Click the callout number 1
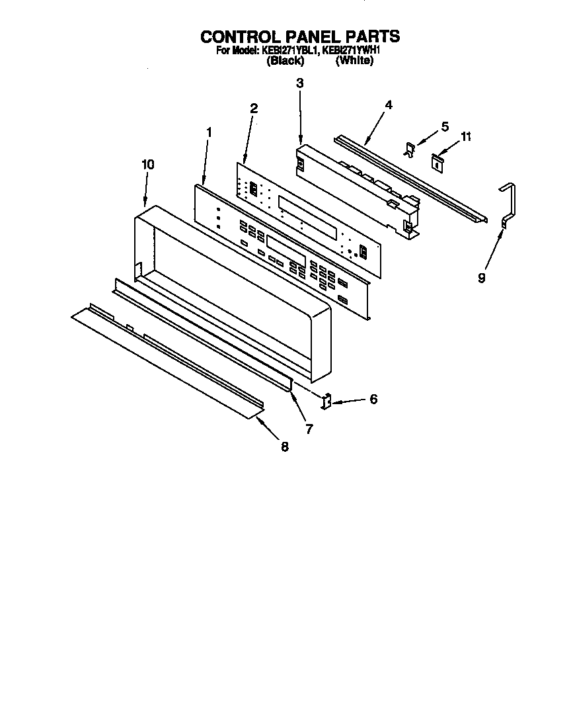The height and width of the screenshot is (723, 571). [x=209, y=132]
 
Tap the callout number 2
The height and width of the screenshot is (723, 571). [x=254, y=108]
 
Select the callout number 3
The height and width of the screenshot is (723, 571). [x=300, y=83]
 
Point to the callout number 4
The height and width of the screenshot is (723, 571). [x=389, y=105]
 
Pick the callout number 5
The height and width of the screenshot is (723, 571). [x=444, y=126]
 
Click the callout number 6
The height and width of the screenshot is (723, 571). [x=373, y=400]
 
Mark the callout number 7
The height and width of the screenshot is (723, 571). [x=309, y=429]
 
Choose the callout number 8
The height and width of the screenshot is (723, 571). [x=285, y=447]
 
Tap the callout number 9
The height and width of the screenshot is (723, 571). [x=482, y=278]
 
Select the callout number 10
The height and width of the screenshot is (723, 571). [x=147, y=165]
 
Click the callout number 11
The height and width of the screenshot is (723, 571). [x=467, y=137]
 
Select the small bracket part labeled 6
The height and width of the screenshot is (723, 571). [x=326, y=401]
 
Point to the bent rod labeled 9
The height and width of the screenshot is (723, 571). [x=508, y=205]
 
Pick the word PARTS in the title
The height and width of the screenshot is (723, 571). [x=373, y=36]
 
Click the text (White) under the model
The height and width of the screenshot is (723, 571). [x=354, y=60]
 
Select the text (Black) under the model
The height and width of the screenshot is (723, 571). [x=285, y=60]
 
